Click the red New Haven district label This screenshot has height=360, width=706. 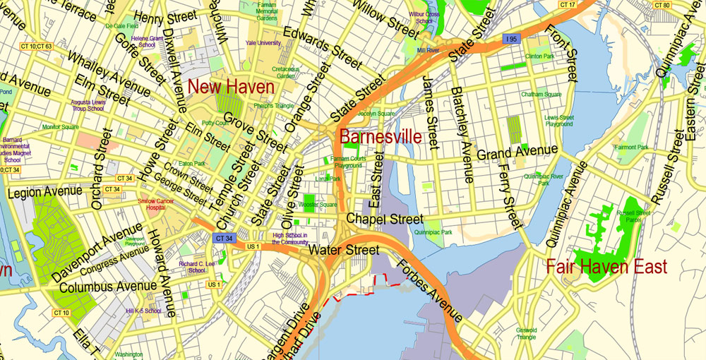[232, 88]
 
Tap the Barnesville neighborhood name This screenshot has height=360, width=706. [381, 136]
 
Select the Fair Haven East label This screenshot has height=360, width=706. [606, 267]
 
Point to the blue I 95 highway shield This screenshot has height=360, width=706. [510, 40]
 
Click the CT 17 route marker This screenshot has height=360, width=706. [568, 5]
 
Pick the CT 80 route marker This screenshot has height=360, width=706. [662, 5]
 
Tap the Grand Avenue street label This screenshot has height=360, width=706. [517, 152]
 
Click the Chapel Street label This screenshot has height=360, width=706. [385, 219]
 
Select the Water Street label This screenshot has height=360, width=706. [343, 250]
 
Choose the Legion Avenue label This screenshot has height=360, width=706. [40, 192]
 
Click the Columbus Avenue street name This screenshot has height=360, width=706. [108, 287]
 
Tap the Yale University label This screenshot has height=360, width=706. [263, 42]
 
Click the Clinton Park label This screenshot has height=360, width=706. [539, 55]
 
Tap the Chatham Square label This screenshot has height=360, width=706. [542, 95]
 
